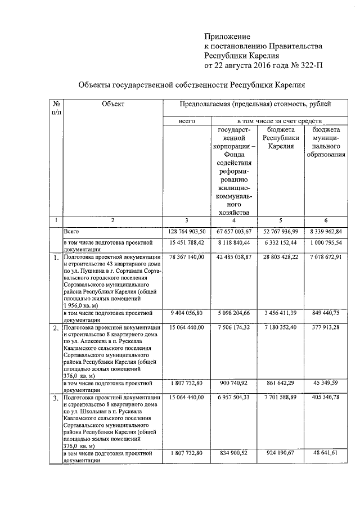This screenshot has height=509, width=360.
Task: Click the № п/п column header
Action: click(56, 107)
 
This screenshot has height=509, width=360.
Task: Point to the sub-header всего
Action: click(186, 121)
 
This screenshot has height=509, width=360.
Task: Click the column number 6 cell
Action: click(328, 220)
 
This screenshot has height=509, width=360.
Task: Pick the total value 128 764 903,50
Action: click(187, 231)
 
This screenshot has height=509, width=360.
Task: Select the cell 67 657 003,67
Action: click(235, 231)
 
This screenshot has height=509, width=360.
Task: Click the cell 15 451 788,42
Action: click(187, 243)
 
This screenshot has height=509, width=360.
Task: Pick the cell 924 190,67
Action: click(284, 453)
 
